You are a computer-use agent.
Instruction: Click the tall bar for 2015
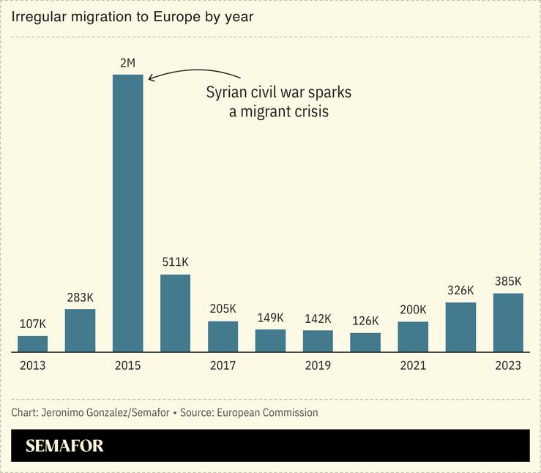point(127,212)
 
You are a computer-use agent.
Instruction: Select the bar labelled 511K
point(175,313)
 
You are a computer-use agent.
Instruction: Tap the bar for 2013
point(32,343)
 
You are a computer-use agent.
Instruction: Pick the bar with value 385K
point(508,322)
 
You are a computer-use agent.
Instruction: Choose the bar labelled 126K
point(365,342)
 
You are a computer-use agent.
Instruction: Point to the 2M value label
point(127,64)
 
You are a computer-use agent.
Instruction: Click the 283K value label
point(80,298)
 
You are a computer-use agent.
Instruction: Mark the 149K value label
point(270,318)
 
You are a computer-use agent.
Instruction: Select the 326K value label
point(460,291)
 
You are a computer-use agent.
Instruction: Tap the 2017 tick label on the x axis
point(223,365)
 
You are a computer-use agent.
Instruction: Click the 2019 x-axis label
point(318,365)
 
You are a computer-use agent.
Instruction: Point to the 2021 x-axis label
point(413,365)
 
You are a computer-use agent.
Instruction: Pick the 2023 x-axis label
point(508,365)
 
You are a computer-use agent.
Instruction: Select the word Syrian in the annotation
point(225,94)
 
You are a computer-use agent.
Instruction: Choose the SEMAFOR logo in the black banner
point(64,446)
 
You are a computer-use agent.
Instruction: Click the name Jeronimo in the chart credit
point(69,413)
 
